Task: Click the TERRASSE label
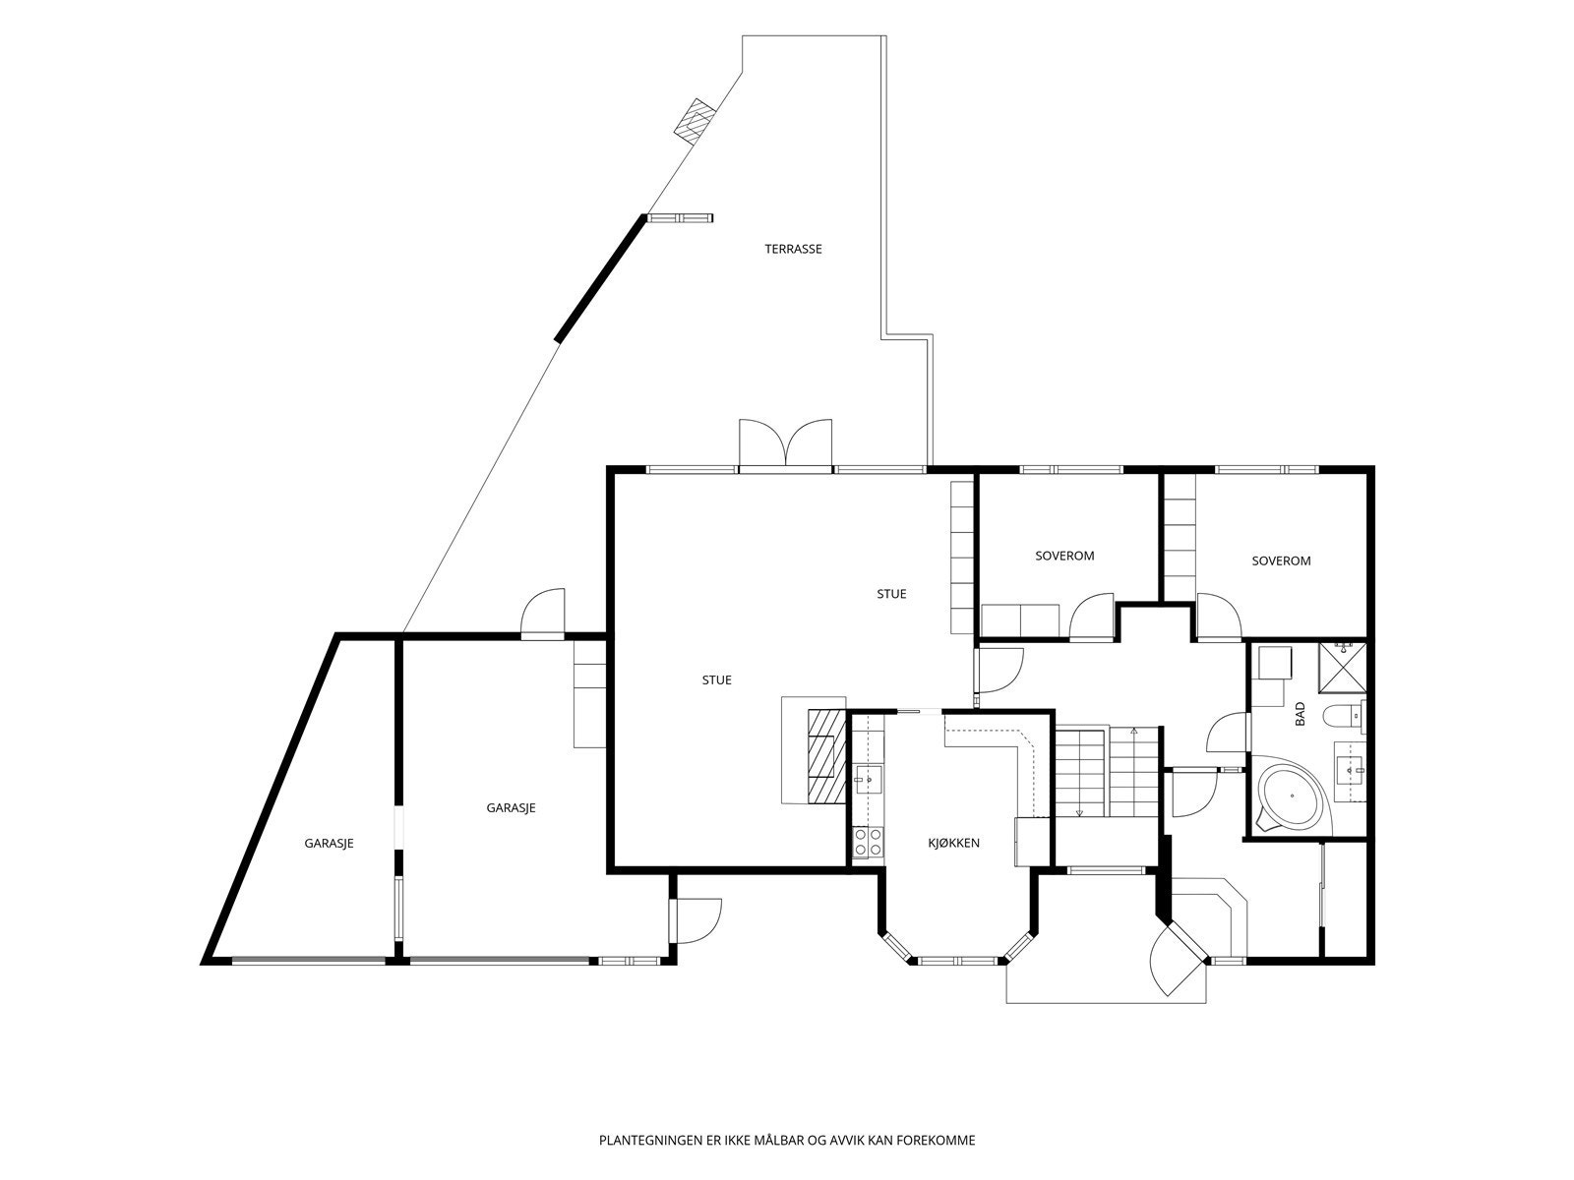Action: click(x=793, y=250)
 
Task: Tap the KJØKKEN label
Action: click(x=953, y=844)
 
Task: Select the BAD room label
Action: click(x=1301, y=714)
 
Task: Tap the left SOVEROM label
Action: click(x=1064, y=556)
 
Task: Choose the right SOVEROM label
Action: click(x=1281, y=560)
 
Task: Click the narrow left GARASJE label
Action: click(x=329, y=844)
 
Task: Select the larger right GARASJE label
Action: click(x=511, y=808)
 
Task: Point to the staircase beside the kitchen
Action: click(x=1107, y=772)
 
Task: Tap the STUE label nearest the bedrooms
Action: click(x=891, y=594)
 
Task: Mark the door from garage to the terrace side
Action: click(x=543, y=614)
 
